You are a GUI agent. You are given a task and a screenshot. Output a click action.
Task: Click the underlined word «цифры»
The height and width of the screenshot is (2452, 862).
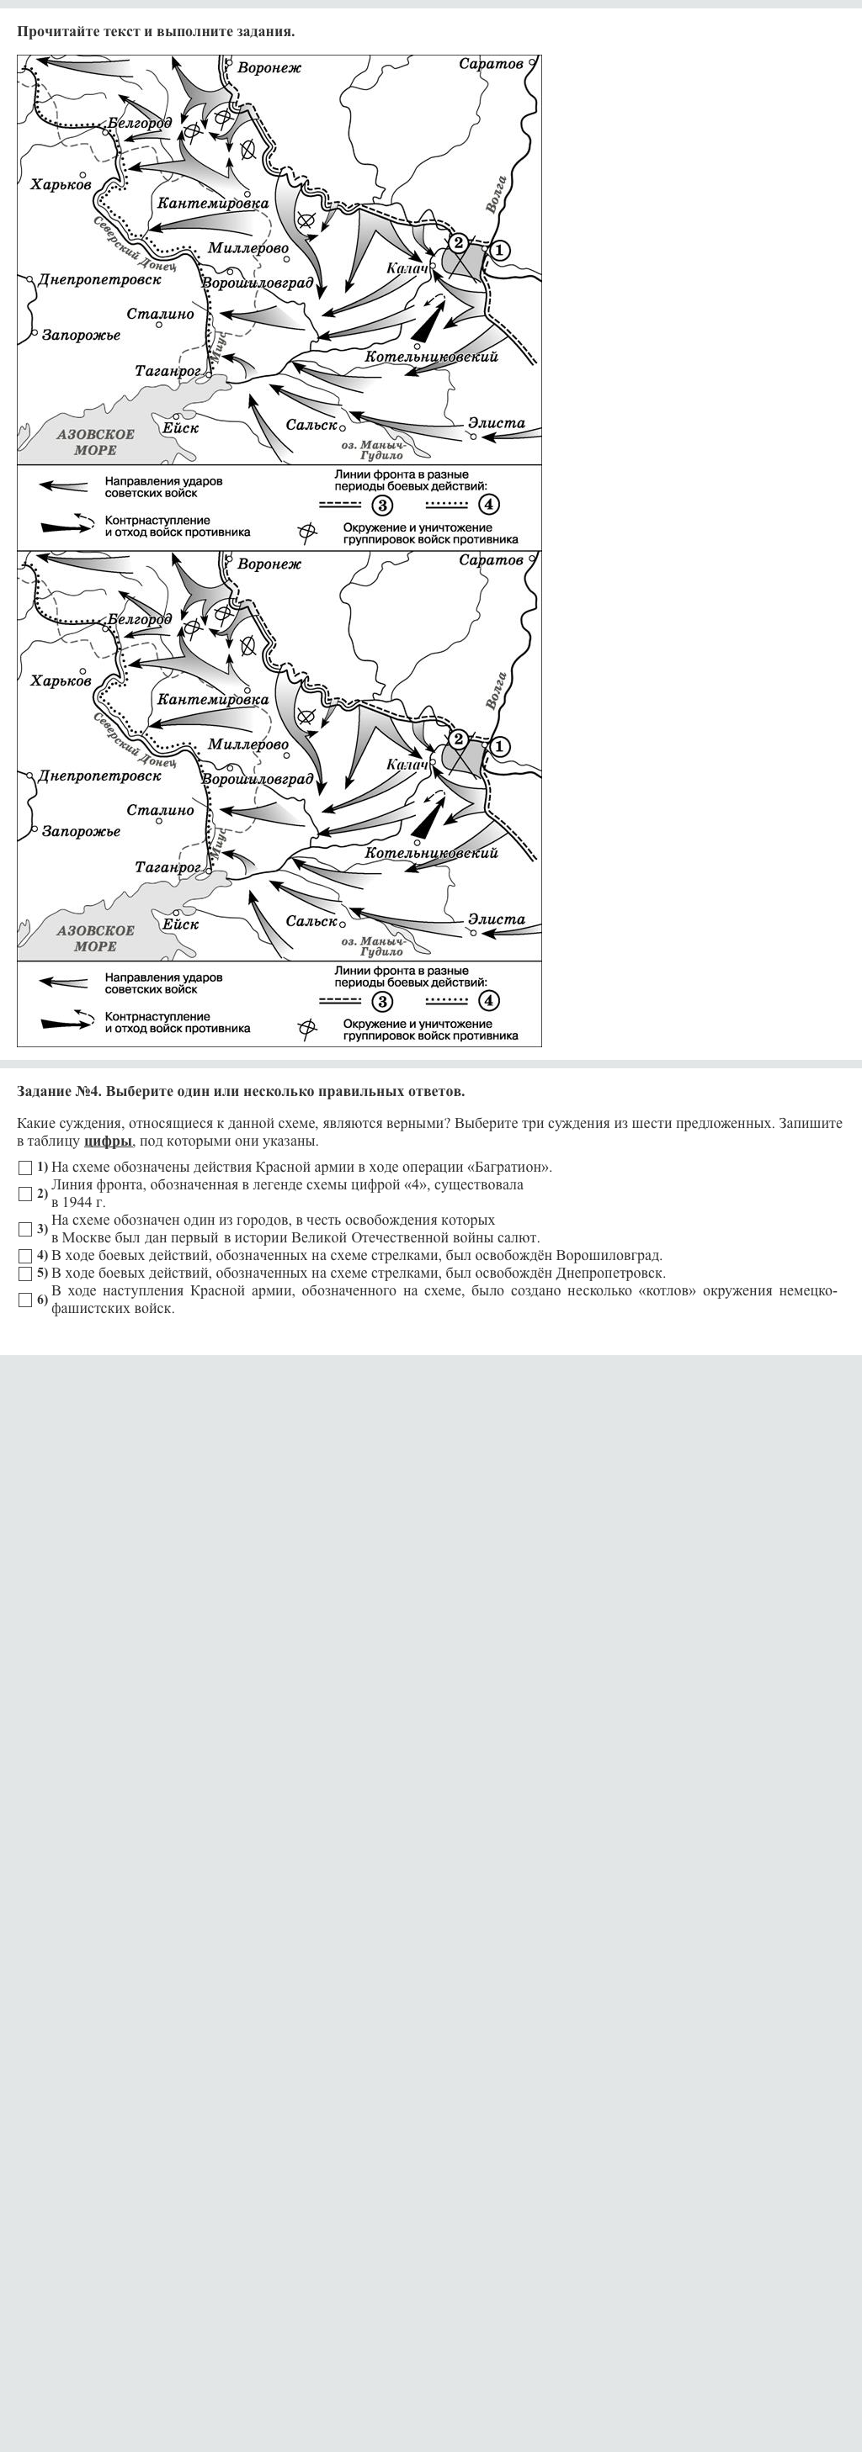tap(108, 1141)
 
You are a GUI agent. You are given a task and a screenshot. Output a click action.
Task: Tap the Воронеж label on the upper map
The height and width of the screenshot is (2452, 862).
tap(269, 68)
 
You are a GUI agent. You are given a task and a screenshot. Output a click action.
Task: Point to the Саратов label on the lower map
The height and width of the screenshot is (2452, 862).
tap(491, 559)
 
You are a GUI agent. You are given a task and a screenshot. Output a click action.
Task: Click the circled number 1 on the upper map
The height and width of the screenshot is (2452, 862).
tap(499, 251)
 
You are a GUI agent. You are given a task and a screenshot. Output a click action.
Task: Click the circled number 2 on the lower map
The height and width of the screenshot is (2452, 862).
tap(458, 739)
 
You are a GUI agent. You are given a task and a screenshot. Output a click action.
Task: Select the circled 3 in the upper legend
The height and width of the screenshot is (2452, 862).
tap(382, 505)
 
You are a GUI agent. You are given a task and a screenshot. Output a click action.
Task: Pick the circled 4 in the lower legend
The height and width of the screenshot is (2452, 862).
tap(487, 1000)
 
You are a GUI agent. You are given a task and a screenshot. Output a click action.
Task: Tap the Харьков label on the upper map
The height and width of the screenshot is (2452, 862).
tap(61, 185)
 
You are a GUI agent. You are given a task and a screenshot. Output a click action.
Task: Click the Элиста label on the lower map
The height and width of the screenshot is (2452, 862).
tap(495, 919)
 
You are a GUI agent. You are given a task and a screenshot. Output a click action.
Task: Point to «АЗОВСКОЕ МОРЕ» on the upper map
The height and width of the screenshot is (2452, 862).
tap(95, 442)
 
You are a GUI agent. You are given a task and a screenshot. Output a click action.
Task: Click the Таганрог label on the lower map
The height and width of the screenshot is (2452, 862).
tap(168, 867)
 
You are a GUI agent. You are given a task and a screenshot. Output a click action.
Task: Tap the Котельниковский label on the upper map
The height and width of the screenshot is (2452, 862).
tap(432, 357)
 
